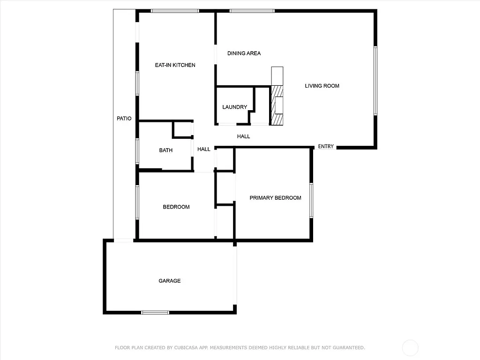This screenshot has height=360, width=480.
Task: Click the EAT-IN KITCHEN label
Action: click(175, 65)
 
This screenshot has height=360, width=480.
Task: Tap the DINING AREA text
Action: click(244, 53)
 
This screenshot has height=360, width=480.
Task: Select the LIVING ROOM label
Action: click(322, 86)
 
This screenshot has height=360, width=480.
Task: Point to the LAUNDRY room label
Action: click(234, 107)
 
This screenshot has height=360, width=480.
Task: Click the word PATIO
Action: click(124, 119)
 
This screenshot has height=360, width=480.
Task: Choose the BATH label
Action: click(165, 150)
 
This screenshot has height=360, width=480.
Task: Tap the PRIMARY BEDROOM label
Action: click(275, 198)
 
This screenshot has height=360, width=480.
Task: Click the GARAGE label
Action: click(169, 281)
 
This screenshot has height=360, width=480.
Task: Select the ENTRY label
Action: click(326, 147)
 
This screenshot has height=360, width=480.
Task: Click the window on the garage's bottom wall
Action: click(155, 312)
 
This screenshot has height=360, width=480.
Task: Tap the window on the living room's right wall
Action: click(375, 81)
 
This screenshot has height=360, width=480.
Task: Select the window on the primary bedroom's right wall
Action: click(311, 201)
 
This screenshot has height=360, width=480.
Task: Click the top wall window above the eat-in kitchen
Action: click(175, 11)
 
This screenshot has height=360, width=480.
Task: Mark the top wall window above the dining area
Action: click(252, 11)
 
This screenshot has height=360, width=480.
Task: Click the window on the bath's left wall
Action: click(137, 151)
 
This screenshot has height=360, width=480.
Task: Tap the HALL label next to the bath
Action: click(203, 150)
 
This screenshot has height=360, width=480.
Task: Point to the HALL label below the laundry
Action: click(243, 136)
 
